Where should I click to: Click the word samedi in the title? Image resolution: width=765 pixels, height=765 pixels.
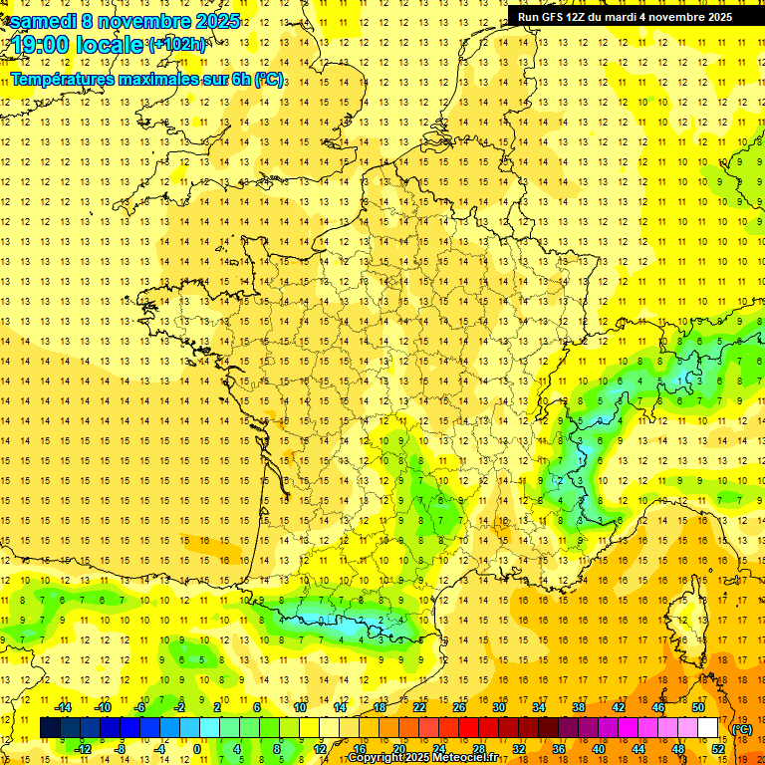click(x=42, y=21)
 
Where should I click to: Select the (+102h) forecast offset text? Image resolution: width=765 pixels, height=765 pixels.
click(x=177, y=45)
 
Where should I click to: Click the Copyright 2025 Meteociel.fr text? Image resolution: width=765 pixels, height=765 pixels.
click(x=421, y=758)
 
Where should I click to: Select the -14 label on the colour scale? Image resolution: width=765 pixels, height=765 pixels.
click(x=63, y=707)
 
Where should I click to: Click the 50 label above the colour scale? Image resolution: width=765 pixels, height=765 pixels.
click(x=698, y=707)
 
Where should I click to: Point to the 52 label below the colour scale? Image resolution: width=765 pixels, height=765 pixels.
click(x=718, y=749)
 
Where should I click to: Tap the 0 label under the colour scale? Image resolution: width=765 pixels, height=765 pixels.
click(x=196, y=749)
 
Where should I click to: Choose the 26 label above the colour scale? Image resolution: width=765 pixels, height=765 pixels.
click(x=459, y=707)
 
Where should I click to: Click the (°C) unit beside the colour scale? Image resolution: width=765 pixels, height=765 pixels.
click(x=742, y=729)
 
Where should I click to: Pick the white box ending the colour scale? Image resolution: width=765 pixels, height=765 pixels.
click(x=708, y=728)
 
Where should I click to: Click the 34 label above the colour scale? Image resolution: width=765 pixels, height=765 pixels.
click(x=539, y=707)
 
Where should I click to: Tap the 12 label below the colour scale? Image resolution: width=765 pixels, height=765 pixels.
click(x=320, y=749)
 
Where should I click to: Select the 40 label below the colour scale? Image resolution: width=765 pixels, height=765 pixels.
click(x=599, y=749)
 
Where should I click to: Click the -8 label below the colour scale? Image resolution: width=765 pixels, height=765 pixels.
click(x=121, y=749)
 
